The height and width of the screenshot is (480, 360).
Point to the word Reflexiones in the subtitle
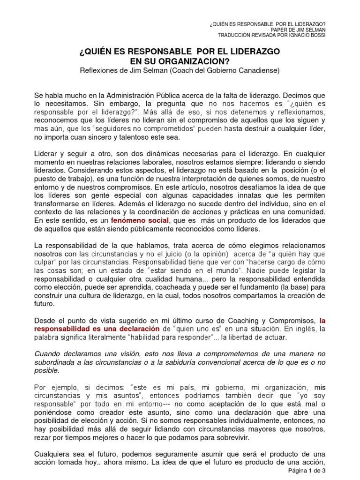[x=100, y=71]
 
